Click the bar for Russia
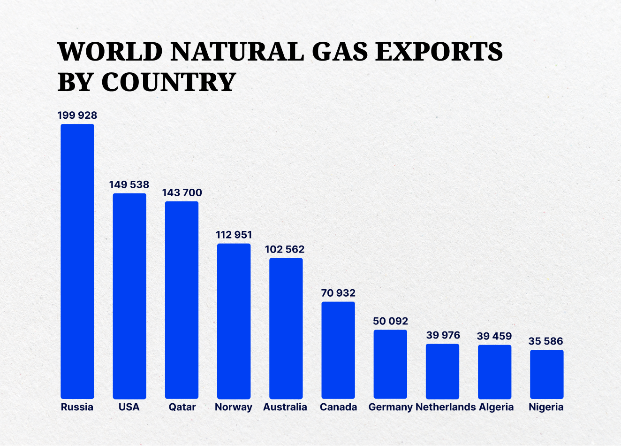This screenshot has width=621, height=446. pyautogui.click(x=77, y=261)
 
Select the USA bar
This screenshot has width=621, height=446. pyautogui.click(x=129, y=296)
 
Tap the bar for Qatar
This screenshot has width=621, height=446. pyautogui.click(x=182, y=300)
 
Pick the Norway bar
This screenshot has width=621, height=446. pyautogui.click(x=234, y=321)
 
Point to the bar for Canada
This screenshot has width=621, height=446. pyautogui.click(x=338, y=350)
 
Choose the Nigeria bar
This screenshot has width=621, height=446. pyautogui.click(x=547, y=374)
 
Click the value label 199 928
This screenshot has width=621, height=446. pyautogui.click(x=77, y=115)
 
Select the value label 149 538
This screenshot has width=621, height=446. pyautogui.click(x=129, y=185)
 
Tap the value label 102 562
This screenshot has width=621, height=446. pyautogui.click(x=285, y=249)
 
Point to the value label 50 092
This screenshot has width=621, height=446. pyautogui.click(x=390, y=321)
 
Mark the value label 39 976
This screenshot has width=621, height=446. pyautogui.click(x=443, y=335)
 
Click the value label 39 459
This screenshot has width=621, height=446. pyautogui.click(x=494, y=336)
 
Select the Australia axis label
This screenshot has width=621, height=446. pyautogui.click(x=285, y=407)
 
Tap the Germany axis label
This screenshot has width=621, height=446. pyautogui.click(x=390, y=407)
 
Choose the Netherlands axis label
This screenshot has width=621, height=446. pyautogui.click(x=446, y=407)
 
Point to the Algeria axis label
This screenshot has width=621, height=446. pyautogui.click(x=496, y=407)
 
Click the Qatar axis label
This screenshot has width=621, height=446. pyautogui.click(x=182, y=407)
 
